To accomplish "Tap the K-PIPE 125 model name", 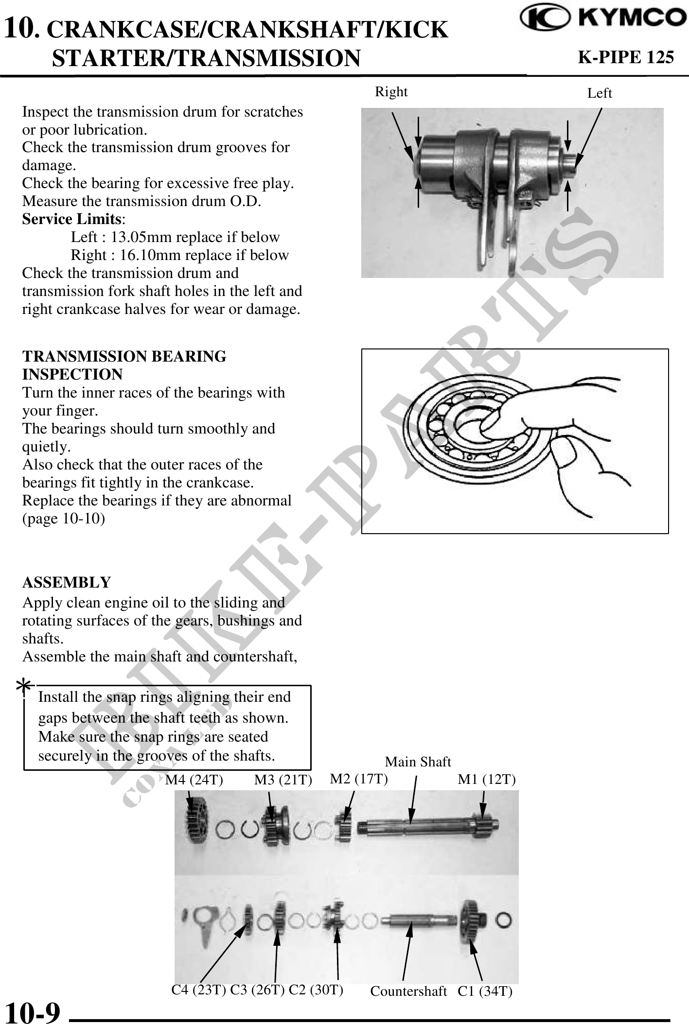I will (625, 57).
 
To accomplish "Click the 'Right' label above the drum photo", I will (391, 91).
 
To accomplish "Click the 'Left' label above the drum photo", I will (599, 93).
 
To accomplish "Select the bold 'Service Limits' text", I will (71, 219).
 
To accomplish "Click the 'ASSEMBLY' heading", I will (67, 582).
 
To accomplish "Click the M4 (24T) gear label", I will (194, 780).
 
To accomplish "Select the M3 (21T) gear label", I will (283, 780).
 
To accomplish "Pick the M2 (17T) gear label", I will (359, 779).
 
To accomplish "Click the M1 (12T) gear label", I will (486, 780).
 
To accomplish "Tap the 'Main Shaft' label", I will (418, 762).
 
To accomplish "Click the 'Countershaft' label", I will (408, 991).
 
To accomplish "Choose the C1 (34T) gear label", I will (485, 991).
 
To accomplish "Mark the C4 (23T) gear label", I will (198, 989).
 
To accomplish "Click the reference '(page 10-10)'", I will (63, 519).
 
